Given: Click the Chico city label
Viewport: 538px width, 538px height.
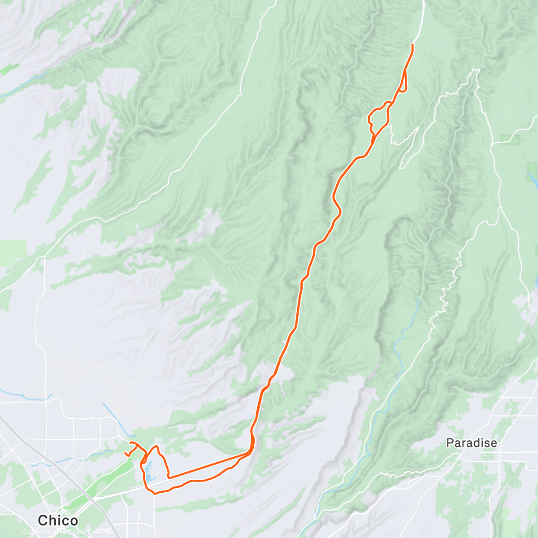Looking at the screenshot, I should click(58, 521).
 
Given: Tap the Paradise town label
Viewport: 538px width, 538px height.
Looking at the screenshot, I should click(471, 443).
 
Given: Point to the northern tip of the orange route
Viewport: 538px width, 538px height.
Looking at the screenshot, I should click(412, 45).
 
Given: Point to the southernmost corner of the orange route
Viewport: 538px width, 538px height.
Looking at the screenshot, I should click(154, 494).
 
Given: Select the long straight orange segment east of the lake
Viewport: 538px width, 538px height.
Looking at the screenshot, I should click(206, 466).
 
